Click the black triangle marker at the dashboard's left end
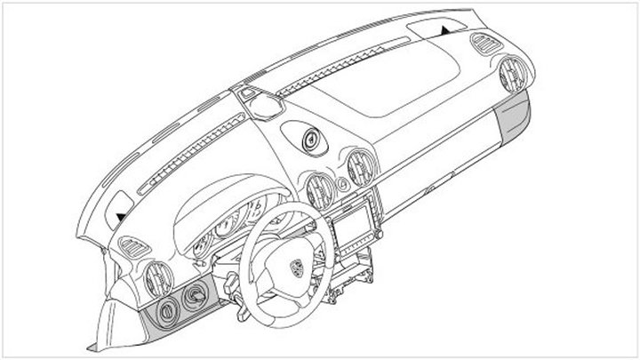[119, 213]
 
